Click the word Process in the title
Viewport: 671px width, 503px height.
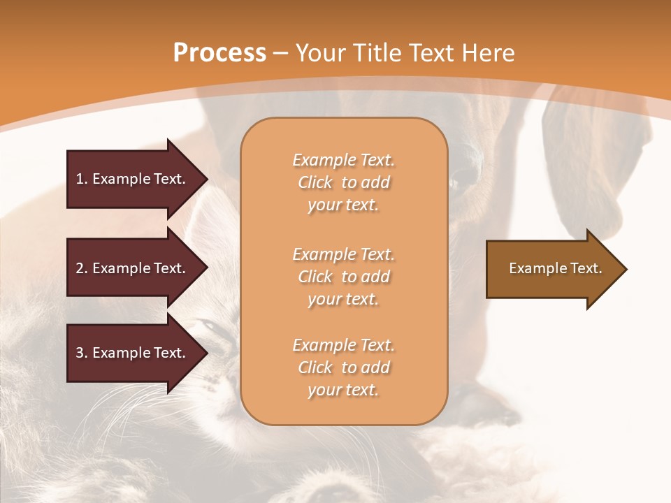pos(219,53)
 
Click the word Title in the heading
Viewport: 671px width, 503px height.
pos(377,53)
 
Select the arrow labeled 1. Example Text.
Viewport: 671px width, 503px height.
pos(133,179)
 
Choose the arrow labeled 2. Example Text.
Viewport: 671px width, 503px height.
pos(133,268)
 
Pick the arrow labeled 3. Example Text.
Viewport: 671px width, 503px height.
pos(133,353)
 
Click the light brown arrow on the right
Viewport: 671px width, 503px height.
pos(552,269)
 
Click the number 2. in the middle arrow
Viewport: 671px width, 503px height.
pos(82,268)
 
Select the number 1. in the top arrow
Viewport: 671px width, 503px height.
pos(82,179)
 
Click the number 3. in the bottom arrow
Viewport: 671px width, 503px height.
pos(82,353)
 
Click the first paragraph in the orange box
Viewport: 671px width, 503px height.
pos(343,182)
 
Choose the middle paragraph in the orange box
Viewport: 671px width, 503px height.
pos(343,277)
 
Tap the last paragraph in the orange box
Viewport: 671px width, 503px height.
pos(343,367)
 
